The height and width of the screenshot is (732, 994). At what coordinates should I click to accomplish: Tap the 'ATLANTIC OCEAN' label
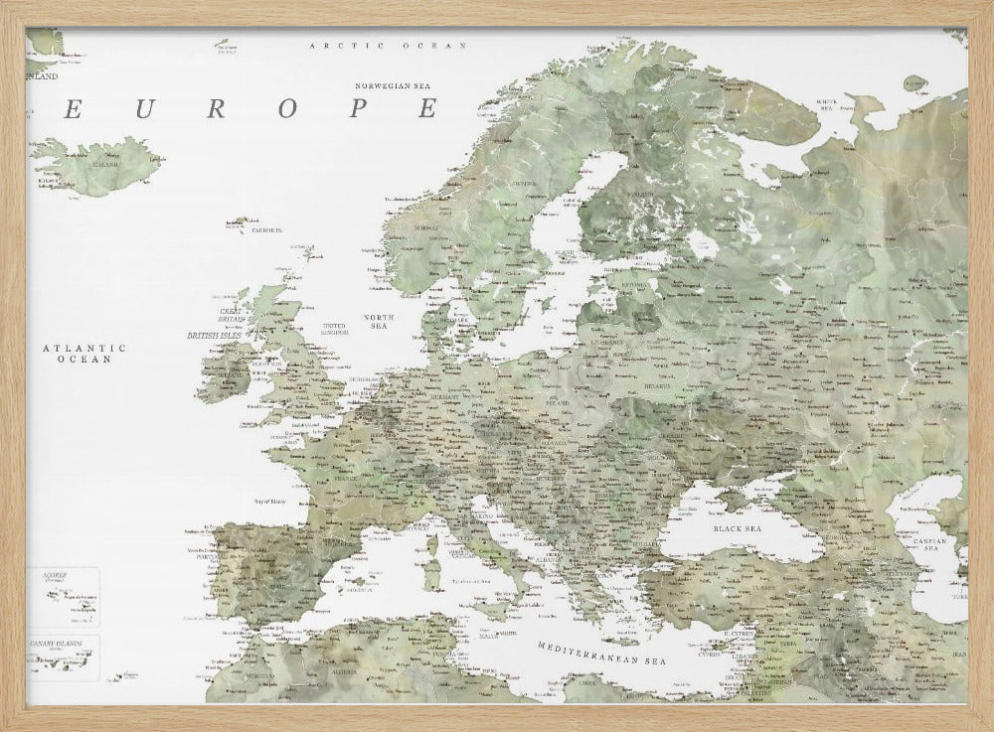click(85, 354)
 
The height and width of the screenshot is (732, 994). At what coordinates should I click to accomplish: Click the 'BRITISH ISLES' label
click(215, 336)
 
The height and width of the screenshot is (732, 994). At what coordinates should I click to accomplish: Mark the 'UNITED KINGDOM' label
click(334, 329)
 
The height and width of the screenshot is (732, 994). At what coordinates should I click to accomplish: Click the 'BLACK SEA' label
click(736, 529)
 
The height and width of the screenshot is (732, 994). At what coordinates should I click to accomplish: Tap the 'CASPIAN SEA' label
click(935, 544)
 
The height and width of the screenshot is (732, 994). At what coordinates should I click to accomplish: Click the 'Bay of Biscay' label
click(257, 504)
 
